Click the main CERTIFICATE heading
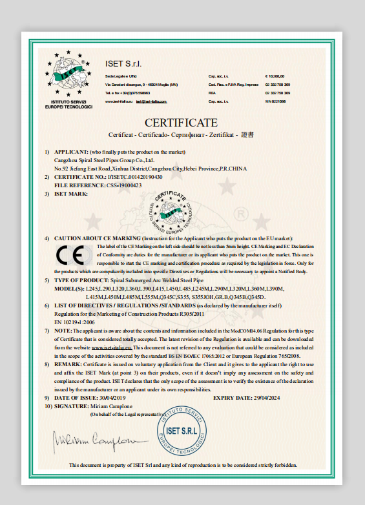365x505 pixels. pyautogui.click(x=181, y=123)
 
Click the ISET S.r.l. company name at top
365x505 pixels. pyautogui.click(x=123, y=63)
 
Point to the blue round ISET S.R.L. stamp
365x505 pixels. pyautogui.click(x=182, y=433)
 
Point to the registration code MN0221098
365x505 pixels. pyautogui.click(x=276, y=101)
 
